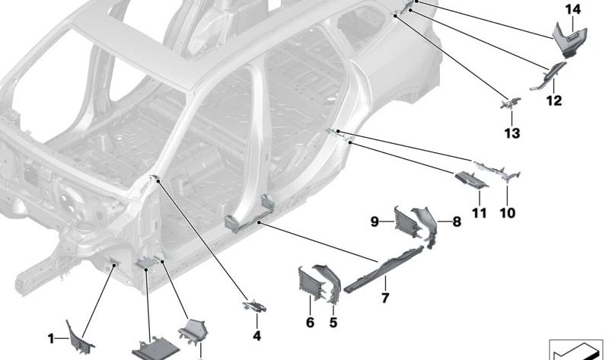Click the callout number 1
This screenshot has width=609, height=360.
(51, 338)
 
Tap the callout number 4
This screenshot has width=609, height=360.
(257, 336)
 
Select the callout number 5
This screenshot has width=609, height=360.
(333, 323)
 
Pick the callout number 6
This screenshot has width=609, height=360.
(310, 323)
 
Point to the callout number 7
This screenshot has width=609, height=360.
(385, 298)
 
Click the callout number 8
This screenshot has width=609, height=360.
(457, 222)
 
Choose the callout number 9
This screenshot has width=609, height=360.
(375, 221)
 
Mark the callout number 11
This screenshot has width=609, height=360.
(479, 214)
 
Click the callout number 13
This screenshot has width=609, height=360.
(512, 133)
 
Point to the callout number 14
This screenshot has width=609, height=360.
(572, 9)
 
